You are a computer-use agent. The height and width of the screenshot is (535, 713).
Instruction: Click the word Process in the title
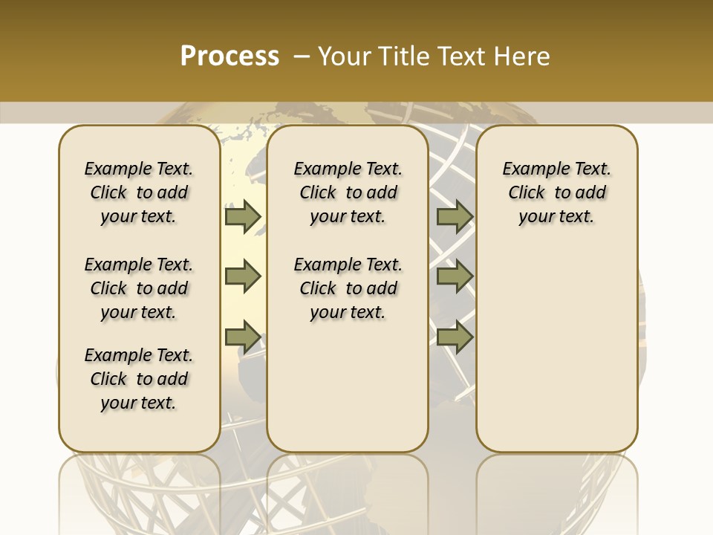click(229, 56)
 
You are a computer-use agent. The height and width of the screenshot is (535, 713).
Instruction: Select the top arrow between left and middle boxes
click(242, 216)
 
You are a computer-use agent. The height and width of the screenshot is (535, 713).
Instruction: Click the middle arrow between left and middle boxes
click(242, 276)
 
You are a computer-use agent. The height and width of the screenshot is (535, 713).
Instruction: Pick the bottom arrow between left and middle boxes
click(242, 337)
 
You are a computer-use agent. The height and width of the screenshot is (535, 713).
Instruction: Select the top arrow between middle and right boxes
click(455, 216)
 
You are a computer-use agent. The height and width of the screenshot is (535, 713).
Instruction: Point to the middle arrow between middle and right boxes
click(455, 276)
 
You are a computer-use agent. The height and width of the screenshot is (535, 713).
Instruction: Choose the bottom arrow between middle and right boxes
click(455, 337)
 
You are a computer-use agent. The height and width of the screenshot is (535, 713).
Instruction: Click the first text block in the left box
click(139, 192)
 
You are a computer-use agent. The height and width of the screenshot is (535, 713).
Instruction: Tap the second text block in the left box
click(139, 288)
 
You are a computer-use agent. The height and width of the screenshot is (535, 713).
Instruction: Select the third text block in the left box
click(139, 379)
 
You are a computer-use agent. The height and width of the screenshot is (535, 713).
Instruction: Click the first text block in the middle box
click(348, 192)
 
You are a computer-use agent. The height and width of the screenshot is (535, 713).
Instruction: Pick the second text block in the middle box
click(348, 288)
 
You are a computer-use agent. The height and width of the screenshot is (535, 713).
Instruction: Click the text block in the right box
click(556, 192)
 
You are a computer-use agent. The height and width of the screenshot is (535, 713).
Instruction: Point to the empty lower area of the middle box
click(348, 386)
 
